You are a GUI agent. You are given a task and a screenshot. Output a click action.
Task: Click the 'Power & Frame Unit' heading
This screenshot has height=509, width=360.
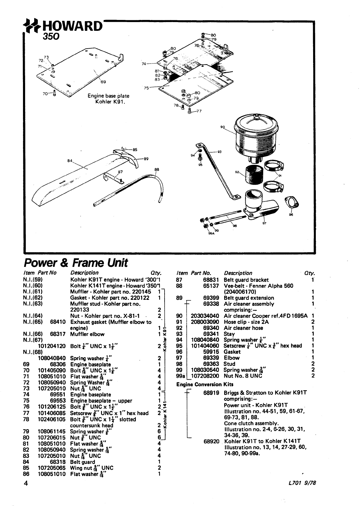76,263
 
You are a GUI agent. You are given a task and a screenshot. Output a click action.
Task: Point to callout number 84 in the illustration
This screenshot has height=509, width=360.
70,161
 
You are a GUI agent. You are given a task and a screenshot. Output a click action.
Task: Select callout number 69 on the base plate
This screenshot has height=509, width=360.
103,82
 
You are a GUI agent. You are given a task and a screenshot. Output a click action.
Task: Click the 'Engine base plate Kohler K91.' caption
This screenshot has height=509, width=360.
108,99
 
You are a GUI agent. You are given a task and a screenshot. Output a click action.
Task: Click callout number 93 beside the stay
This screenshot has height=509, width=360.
219,151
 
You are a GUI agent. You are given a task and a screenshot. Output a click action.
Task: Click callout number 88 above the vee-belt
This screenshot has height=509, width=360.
156,170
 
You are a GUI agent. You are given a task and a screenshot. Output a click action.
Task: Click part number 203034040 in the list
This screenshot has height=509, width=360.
205,316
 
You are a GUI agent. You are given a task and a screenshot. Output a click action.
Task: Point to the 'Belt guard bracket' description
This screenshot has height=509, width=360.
246,280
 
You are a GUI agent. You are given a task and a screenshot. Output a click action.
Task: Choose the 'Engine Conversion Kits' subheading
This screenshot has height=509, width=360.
199,384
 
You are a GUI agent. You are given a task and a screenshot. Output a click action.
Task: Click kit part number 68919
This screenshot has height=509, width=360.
211,393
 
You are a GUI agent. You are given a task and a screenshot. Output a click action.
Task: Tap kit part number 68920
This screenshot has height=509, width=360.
211,441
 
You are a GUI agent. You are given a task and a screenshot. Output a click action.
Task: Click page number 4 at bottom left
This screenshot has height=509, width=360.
26,483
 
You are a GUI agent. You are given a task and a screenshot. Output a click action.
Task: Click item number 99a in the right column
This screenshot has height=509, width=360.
180,376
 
